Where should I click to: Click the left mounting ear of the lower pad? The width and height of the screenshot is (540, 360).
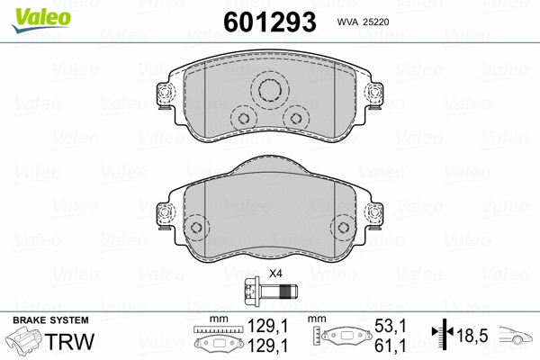[165, 214]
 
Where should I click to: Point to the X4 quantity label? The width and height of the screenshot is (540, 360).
[275, 274]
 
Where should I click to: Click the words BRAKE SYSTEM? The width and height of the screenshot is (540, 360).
[49, 320]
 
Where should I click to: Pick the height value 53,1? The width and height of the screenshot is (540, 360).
[395, 328]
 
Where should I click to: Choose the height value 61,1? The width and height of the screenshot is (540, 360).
[395, 345]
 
